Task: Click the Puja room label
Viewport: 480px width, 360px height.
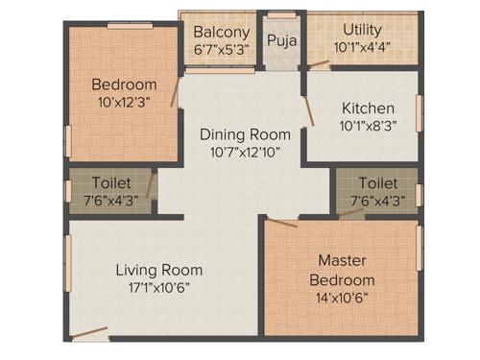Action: pos(280,40)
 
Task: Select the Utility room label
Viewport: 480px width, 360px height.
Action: pos(362,30)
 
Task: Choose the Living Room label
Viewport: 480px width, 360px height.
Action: pos(159,269)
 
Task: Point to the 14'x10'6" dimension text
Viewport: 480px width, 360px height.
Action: pos(342,297)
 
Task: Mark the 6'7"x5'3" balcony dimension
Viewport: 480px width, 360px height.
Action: pos(222,49)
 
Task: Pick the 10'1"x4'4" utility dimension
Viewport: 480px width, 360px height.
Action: pos(362,47)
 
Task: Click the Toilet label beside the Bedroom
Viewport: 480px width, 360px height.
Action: pos(111,182)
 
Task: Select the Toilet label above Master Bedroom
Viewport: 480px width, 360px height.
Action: pos(377,182)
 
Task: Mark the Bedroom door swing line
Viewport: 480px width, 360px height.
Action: pos(175,90)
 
